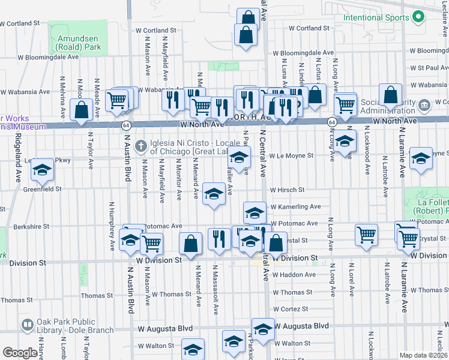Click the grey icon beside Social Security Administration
pyautogui.click(x=425, y=106)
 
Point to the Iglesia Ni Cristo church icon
pyautogui.click(x=141, y=146)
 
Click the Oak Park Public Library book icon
pyautogui.click(x=27, y=325)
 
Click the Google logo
pyautogui.click(x=20, y=353)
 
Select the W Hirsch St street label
pyautogui.click(x=288, y=190)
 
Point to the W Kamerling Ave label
pyautogui.click(x=295, y=206)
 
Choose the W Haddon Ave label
pyautogui.click(x=294, y=275)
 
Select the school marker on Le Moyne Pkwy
pyautogui.click(x=43, y=170)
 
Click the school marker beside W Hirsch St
pyautogui.click(x=214, y=193)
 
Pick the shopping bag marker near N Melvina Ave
pyautogui.click(x=81, y=110)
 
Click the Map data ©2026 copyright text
pyautogui.click(x=423, y=355)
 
